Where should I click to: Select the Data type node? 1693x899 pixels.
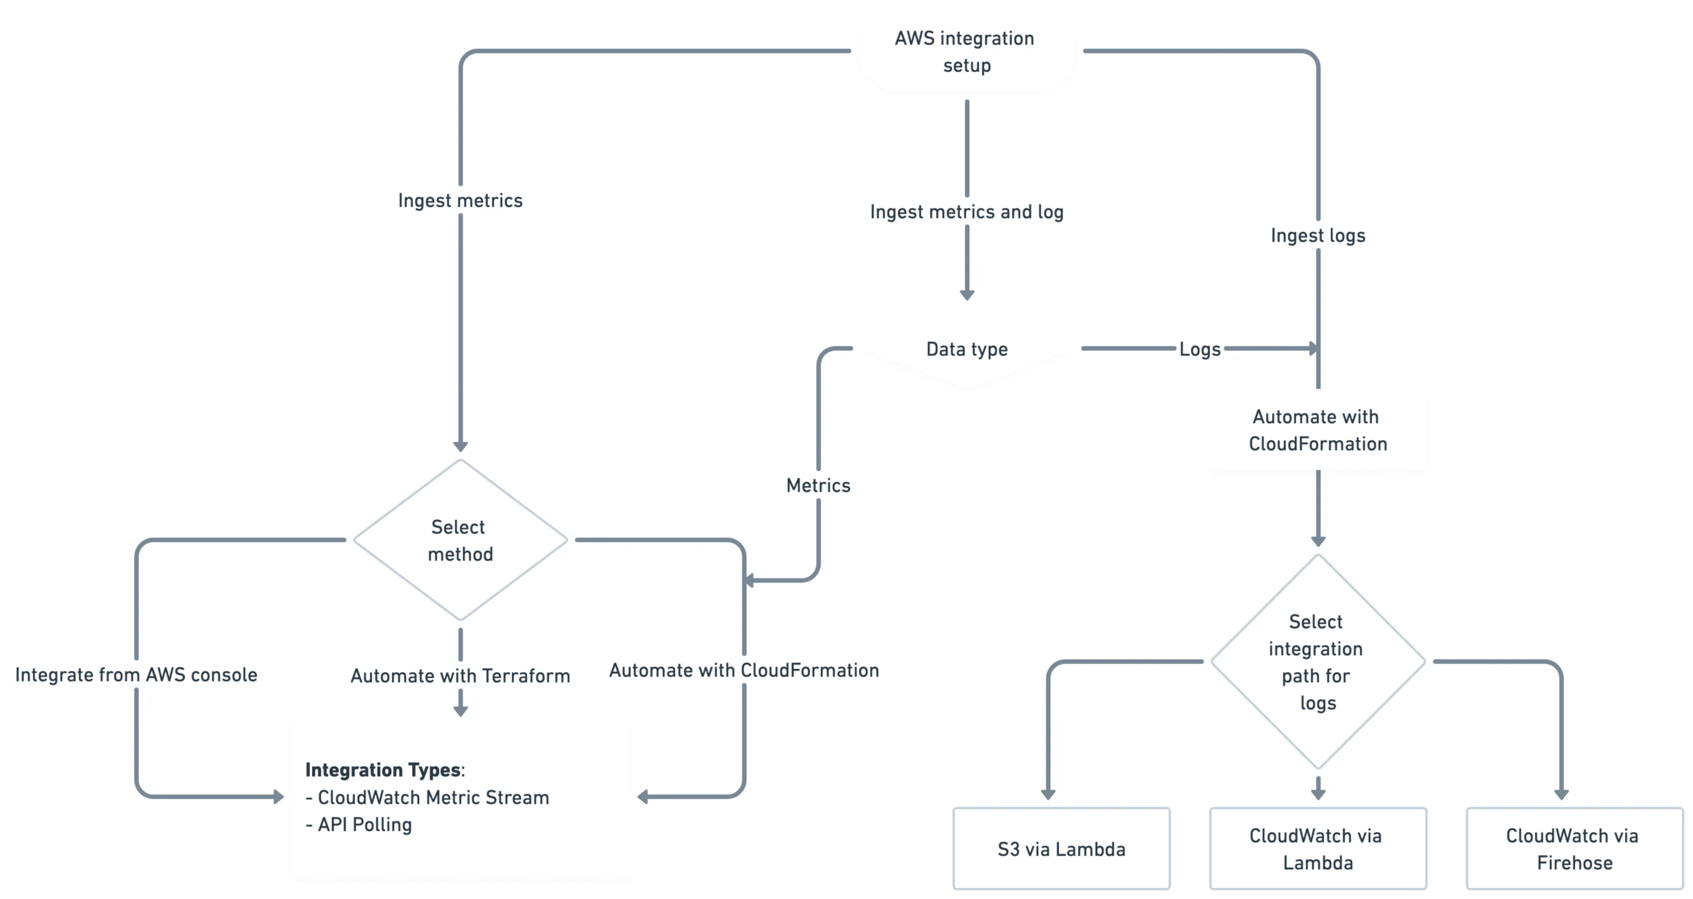tap(966, 349)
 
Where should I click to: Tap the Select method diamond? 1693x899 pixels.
tap(460, 540)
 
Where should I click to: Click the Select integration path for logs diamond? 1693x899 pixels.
tap(1317, 662)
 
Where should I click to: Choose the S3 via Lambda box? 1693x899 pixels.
tap(1061, 849)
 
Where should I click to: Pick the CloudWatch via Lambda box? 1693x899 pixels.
tap(1317, 849)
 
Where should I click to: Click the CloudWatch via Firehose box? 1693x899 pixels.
tap(1573, 849)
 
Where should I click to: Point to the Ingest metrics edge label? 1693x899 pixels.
tap(460, 201)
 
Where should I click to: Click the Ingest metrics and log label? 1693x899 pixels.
tap(966, 212)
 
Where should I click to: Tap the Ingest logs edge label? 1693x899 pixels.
tap(1317, 235)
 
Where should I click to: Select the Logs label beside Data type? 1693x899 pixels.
tap(1199, 349)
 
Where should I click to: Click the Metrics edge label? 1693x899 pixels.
tap(818, 486)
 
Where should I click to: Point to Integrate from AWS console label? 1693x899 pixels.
tap(136, 675)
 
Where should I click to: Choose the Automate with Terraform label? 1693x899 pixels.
tap(460, 676)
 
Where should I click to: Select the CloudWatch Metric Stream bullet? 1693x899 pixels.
tap(432, 798)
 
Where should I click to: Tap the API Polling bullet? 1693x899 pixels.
tap(364, 825)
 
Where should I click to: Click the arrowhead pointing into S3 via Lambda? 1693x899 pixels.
tap(1047, 794)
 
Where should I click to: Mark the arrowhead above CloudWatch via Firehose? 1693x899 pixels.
tap(1561, 794)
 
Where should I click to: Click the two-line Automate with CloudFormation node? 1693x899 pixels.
tap(1317, 430)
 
